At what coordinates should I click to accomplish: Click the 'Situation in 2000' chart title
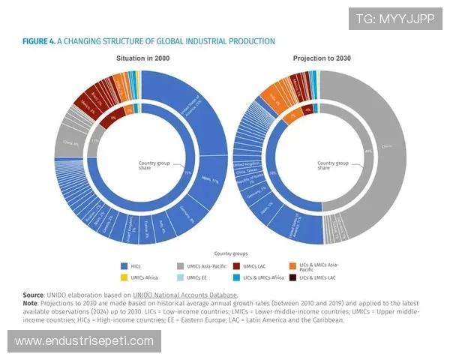(142, 58)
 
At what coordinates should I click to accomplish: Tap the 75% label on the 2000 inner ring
(187, 172)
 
